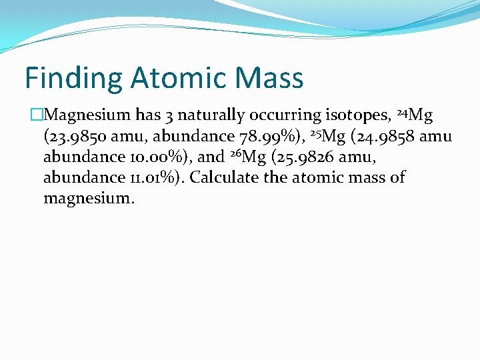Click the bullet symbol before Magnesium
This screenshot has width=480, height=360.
click(36, 115)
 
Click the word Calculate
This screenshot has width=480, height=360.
click(224, 178)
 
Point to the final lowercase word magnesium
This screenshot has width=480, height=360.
click(89, 199)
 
